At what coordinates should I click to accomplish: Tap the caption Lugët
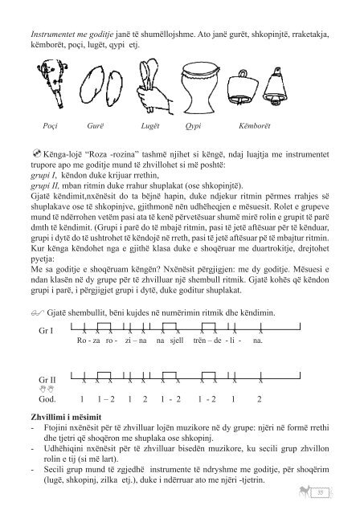click(154, 127)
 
